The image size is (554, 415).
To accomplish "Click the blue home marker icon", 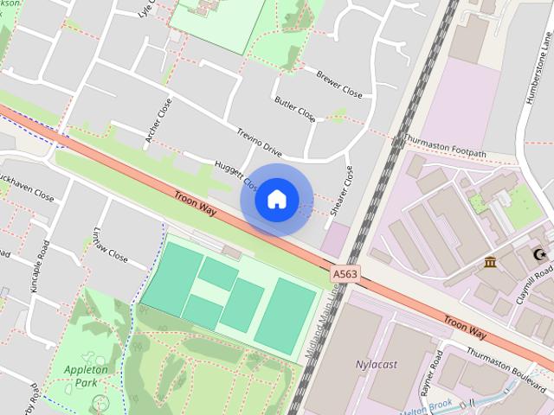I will pyautogui.click(x=276, y=200).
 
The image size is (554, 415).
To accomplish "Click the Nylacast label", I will pyautogui.click(x=377, y=364).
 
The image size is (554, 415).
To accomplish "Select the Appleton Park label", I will pyautogui.click(x=86, y=375).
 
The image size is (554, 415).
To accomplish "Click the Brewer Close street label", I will pyautogui.click(x=338, y=84).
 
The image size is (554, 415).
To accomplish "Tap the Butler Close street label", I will pyautogui.click(x=295, y=110).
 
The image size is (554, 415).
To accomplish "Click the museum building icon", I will pyautogui.click(x=491, y=263).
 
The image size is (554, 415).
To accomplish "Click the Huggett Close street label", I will pyautogui.click(x=235, y=176).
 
